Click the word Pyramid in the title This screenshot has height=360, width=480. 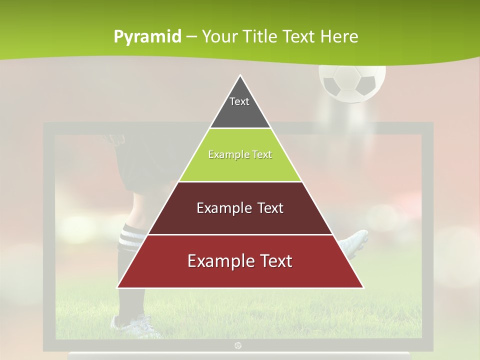(x=147, y=37)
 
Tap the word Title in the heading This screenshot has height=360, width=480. (x=260, y=37)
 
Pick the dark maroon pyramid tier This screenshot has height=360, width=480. (x=240, y=220)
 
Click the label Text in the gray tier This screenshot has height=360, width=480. (x=239, y=101)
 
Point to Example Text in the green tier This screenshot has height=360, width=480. (x=240, y=154)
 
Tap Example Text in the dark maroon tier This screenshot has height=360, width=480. (x=240, y=208)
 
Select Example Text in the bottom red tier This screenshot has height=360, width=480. (x=240, y=261)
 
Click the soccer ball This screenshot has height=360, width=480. (x=352, y=82)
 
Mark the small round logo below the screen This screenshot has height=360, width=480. (x=238, y=345)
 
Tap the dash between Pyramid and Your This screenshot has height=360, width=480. (x=191, y=37)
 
